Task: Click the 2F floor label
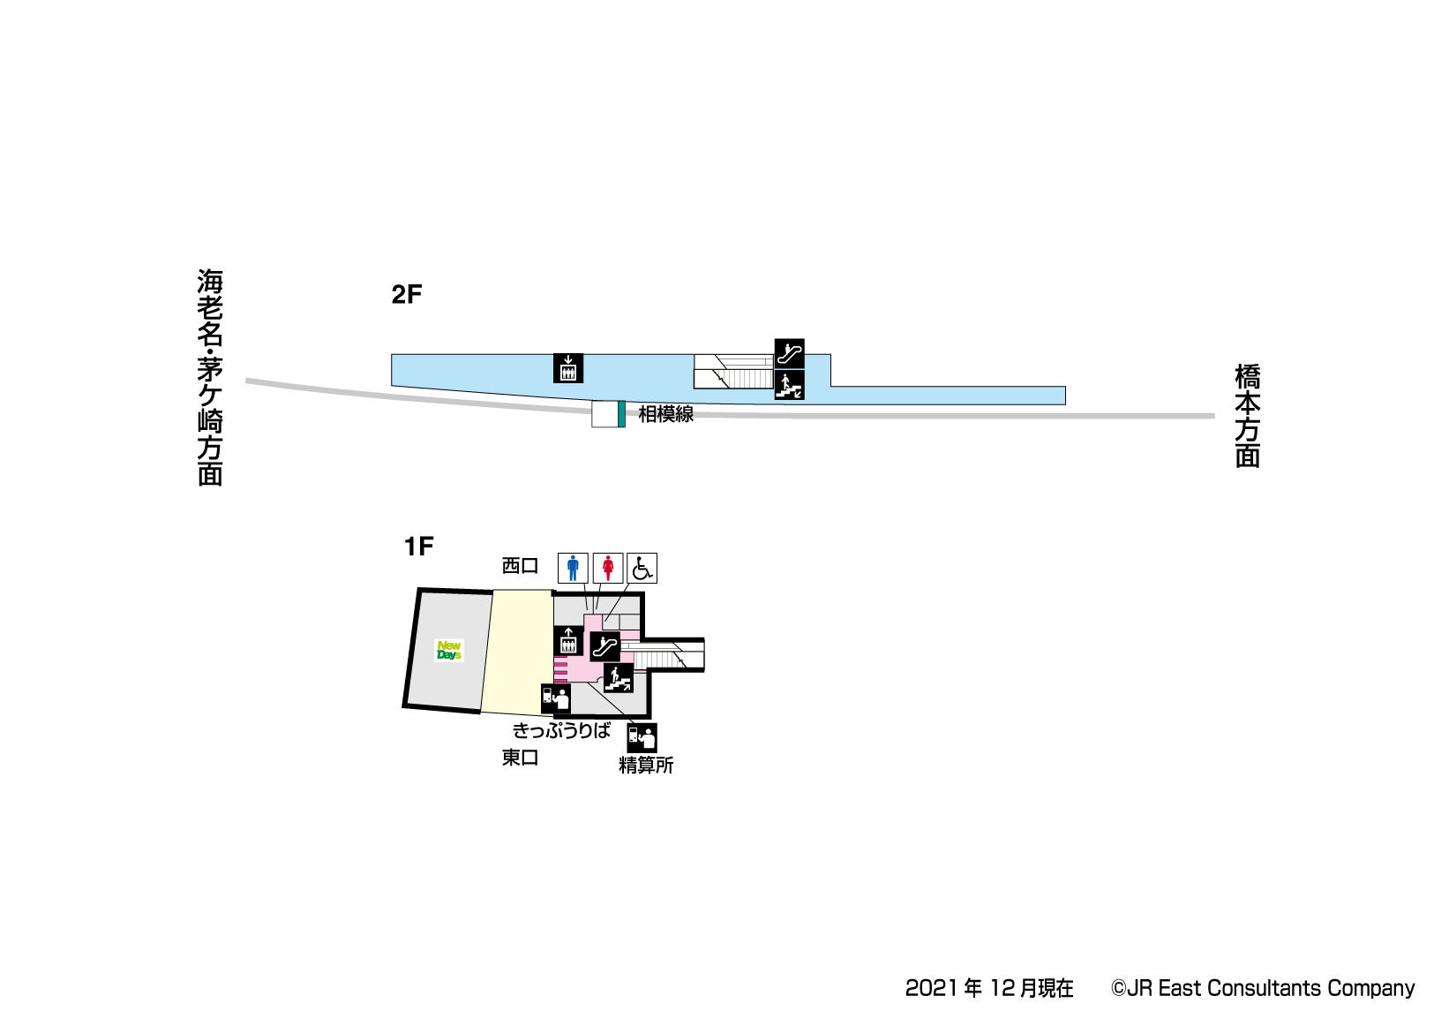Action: (406, 295)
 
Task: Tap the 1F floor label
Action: (418, 547)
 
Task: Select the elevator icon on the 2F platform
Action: (568, 367)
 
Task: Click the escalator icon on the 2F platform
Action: (789, 353)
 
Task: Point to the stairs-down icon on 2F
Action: (789, 384)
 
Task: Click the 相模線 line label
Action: (665, 414)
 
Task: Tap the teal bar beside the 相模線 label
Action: (621, 414)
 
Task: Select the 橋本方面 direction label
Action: (1248, 416)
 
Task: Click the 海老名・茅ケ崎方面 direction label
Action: (210, 377)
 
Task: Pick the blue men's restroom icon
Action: (573, 568)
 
